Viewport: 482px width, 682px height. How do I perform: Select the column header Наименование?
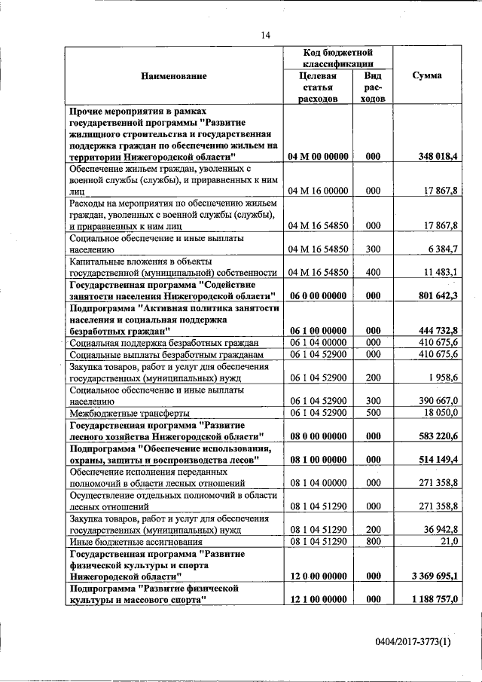173,76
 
